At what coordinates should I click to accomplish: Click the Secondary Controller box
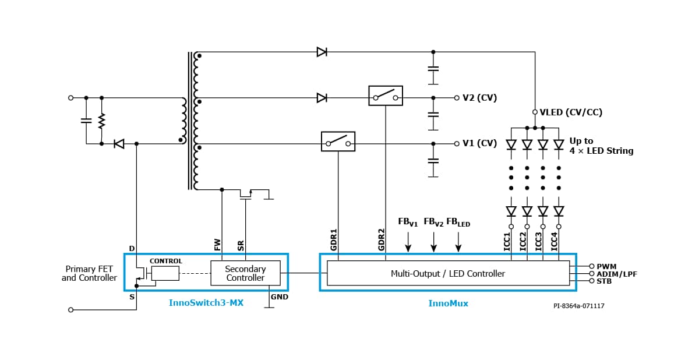point(245,273)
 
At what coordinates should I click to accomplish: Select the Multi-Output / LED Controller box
point(448,273)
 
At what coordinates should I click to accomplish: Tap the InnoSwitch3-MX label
point(206,303)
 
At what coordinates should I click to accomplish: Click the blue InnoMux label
point(448,303)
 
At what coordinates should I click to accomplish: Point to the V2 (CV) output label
point(479,98)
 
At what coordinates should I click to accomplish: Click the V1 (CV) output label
point(479,144)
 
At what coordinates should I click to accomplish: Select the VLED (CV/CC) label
point(571,112)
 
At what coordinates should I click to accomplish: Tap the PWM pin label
point(606,267)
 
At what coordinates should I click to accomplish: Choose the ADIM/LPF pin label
point(617,274)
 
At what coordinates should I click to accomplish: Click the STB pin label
point(604,281)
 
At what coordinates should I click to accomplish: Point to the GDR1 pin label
point(334,239)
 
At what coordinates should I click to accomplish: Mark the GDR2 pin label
point(382,239)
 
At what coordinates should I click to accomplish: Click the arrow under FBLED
point(458,242)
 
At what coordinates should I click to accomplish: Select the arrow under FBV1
point(408,242)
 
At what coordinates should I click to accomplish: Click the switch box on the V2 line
point(386,96)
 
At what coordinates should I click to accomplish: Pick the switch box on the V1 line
point(338,142)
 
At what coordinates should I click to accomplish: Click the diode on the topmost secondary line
point(322,52)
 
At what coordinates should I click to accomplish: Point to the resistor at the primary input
point(101,121)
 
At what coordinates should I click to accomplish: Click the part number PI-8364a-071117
point(578,306)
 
